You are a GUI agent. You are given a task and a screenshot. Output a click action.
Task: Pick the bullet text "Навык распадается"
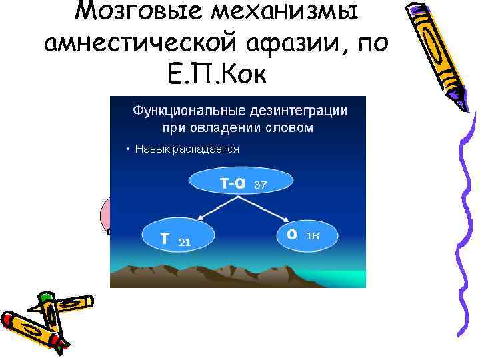click(187, 149)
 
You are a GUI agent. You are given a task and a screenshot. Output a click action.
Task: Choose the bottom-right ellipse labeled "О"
click(307, 235)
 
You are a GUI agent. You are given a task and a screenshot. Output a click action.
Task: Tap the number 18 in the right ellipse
click(312, 236)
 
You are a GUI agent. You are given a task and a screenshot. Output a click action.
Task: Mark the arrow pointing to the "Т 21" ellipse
click(204, 212)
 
